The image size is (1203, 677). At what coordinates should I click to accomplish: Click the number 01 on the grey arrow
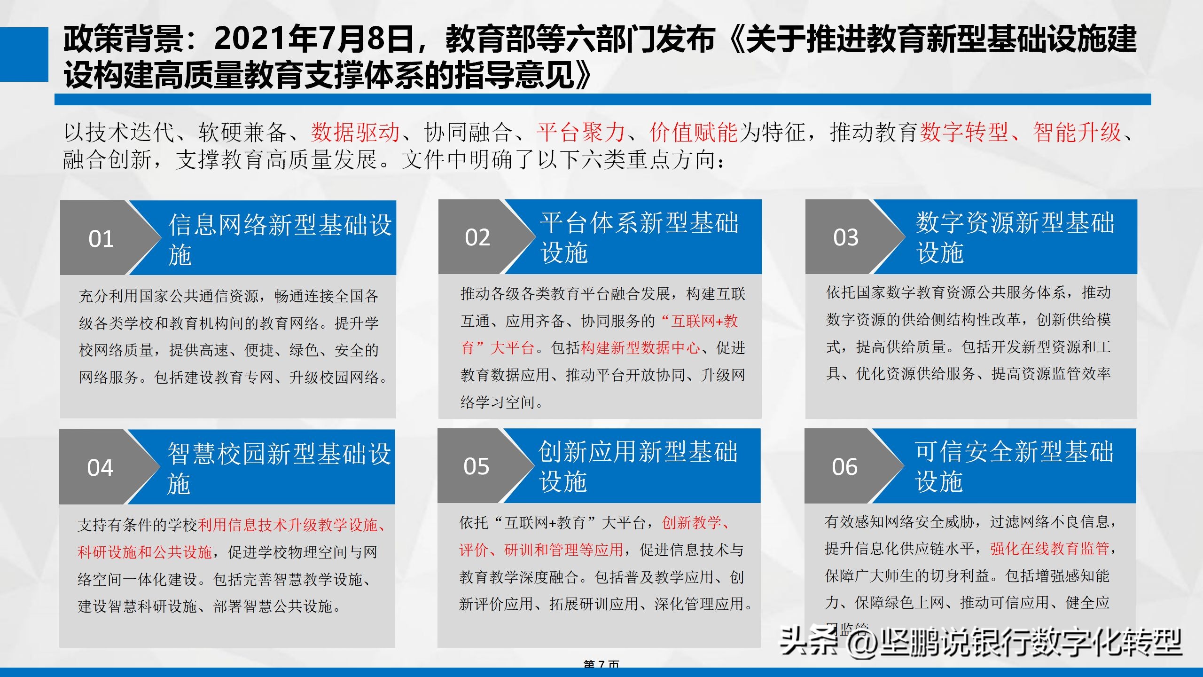click(101, 239)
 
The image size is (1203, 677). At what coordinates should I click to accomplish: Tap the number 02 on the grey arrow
click(477, 237)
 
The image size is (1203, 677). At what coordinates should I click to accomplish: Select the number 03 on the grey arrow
click(846, 237)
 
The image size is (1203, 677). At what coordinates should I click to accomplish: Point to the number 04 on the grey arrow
click(100, 468)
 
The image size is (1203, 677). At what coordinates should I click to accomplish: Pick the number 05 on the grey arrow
click(476, 466)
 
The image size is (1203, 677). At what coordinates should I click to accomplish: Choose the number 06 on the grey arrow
click(844, 467)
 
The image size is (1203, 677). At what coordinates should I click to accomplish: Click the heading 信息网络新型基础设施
click(280, 239)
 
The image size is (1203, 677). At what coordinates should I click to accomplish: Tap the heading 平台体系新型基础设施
click(639, 237)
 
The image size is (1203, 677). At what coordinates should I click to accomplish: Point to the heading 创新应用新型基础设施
click(638, 466)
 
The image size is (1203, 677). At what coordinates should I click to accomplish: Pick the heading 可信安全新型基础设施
click(1013, 466)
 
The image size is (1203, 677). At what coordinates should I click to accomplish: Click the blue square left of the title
click(24, 55)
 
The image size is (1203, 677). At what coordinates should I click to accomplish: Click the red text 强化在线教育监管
click(1049, 549)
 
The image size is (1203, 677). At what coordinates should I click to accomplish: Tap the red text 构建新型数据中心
click(640, 348)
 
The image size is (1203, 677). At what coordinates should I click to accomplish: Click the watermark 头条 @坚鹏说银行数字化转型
click(980, 642)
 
